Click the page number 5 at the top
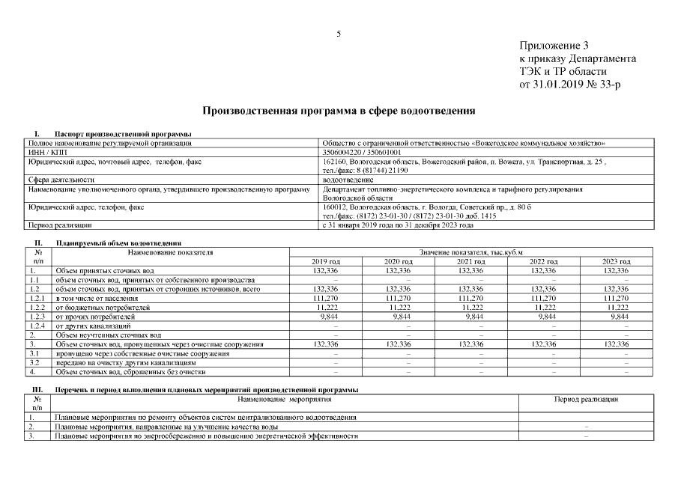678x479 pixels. click(339, 34)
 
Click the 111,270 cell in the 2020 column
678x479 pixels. click(398, 297)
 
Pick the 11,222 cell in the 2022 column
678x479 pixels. click(544, 307)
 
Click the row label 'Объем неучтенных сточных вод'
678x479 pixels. click(109, 335)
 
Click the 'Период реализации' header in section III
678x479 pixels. click(585, 400)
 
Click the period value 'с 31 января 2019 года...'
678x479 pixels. click(397, 225)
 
